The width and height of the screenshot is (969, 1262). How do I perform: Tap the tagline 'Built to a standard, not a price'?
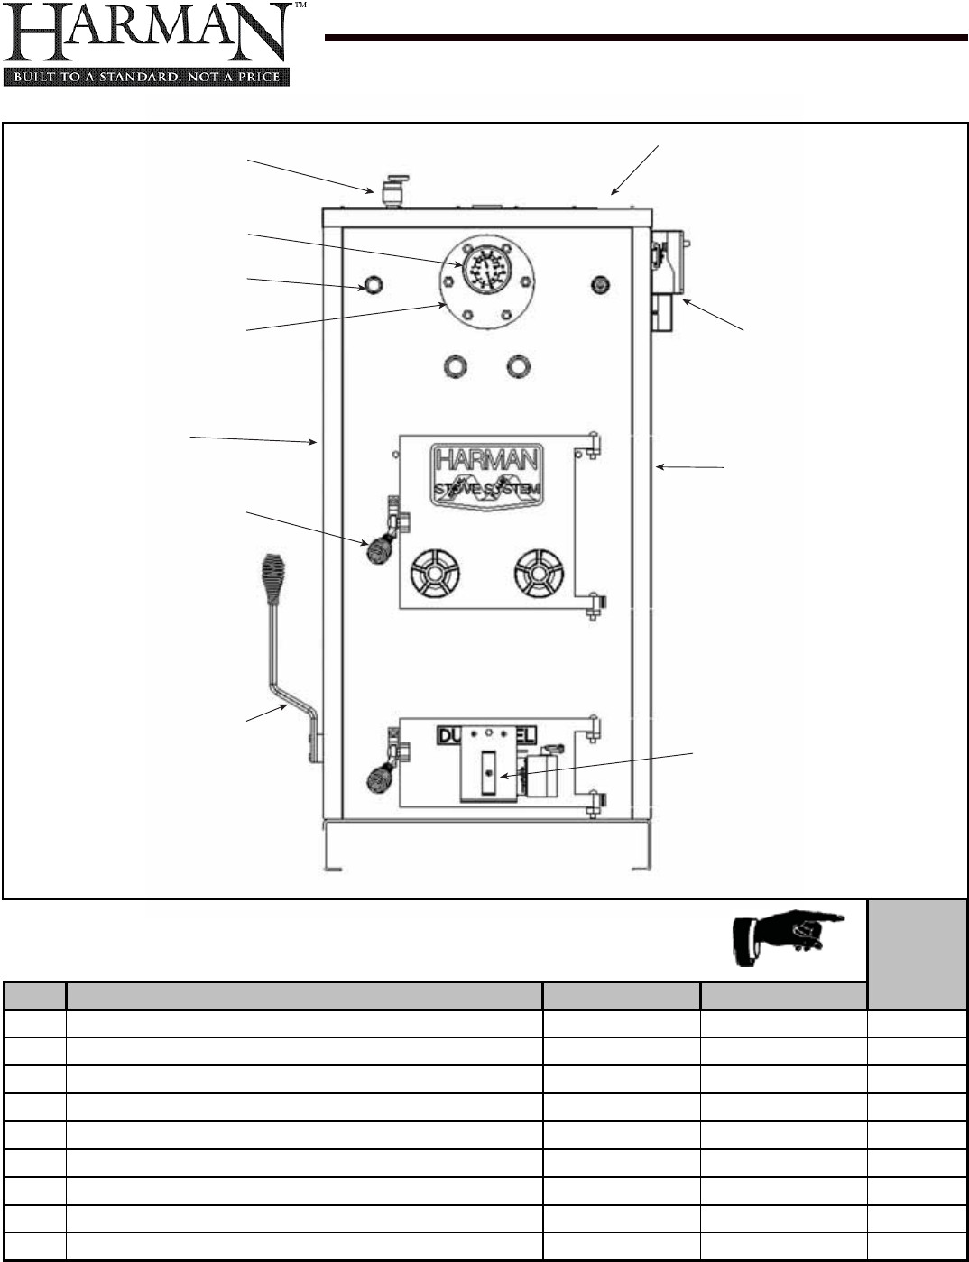click(x=146, y=77)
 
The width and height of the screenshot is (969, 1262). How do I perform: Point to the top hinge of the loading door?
click(x=593, y=444)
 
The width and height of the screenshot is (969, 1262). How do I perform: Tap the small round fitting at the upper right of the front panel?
click(x=596, y=285)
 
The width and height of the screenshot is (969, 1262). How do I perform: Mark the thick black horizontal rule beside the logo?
click(x=646, y=38)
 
